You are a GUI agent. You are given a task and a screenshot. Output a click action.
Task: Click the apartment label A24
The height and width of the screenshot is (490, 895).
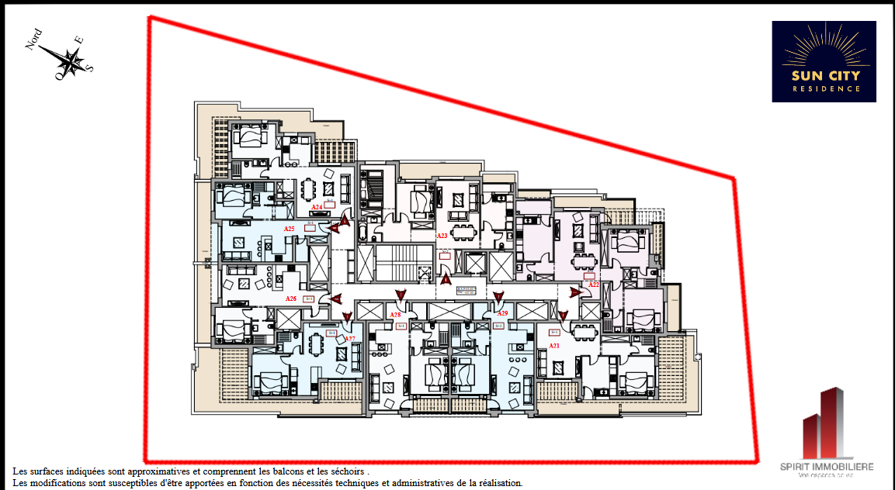point(317,207)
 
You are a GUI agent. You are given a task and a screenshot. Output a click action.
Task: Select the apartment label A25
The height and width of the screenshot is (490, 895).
point(289,229)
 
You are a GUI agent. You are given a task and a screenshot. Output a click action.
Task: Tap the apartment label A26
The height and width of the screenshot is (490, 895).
point(291,298)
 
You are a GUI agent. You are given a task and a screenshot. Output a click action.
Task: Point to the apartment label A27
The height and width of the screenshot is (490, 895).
point(349,339)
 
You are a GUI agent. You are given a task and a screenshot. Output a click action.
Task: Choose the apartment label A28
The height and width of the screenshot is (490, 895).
point(395,315)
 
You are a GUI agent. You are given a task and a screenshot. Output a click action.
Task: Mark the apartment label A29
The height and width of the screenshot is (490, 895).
point(502,313)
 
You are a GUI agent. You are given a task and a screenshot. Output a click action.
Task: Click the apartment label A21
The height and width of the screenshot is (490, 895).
point(554,345)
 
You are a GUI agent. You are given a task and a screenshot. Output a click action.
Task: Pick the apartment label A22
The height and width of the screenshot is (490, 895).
point(593,285)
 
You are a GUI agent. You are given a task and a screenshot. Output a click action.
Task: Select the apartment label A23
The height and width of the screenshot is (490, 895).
point(442,235)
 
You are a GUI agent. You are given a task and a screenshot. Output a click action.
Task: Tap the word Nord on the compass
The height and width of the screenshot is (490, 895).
point(34,40)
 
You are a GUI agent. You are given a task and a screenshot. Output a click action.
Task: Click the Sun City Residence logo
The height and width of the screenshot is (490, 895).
point(824,61)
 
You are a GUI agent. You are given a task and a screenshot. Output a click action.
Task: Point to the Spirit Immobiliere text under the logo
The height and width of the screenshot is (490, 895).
point(827,466)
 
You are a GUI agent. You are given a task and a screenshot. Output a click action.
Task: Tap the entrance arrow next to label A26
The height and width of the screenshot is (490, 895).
point(335,298)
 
